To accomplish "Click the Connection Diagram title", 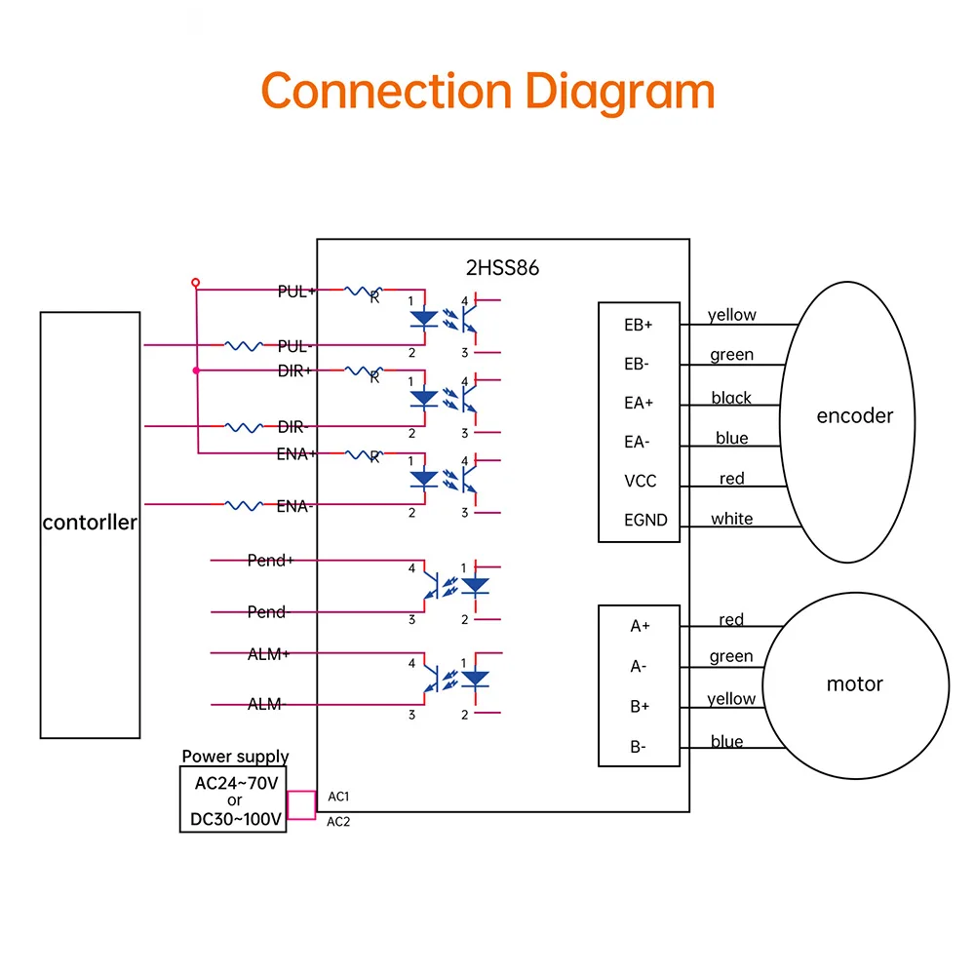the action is pyautogui.click(x=488, y=92).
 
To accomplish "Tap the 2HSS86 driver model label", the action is pyautogui.click(x=502, y=268).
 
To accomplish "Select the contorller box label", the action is pyautogui.click(x=90, y=523).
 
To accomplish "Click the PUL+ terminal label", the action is pyautogui.click(x=296, y=291).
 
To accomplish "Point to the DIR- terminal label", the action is pyautogui.click(x=292, y=427).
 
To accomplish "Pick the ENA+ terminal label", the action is pyautogui.click(x=296, y=454).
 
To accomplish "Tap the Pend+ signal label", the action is pyautogui.click(x=270, y=561).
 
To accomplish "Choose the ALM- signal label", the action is pyautogui.click(x=265, y=704).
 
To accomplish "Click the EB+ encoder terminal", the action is pyautogui.click(x=638, y=325).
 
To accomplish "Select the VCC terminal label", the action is pyautogui.click(x=640, y=481).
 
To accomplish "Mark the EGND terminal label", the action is pyautogui.click(x=645, y=520).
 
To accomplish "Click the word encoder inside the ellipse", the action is pyautogui.click(x=854, y=415).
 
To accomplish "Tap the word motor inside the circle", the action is pyautogui.click(x=854, y=684).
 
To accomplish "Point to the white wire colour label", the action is pyautogui.click(x=732, y=519).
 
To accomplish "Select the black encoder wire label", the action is pyautogui.click(x=731, y=398).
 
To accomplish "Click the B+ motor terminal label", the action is pyautogui.click(x=640, y=706).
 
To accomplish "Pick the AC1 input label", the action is pyautogui.click(x=338, y=797).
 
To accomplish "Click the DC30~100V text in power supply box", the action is pyautogui.click(x=236, y=819).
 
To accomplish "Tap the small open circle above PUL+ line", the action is pyautogui.click(x=195, y=283).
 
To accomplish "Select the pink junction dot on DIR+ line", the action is pyautogui.click(x=197, y=370).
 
